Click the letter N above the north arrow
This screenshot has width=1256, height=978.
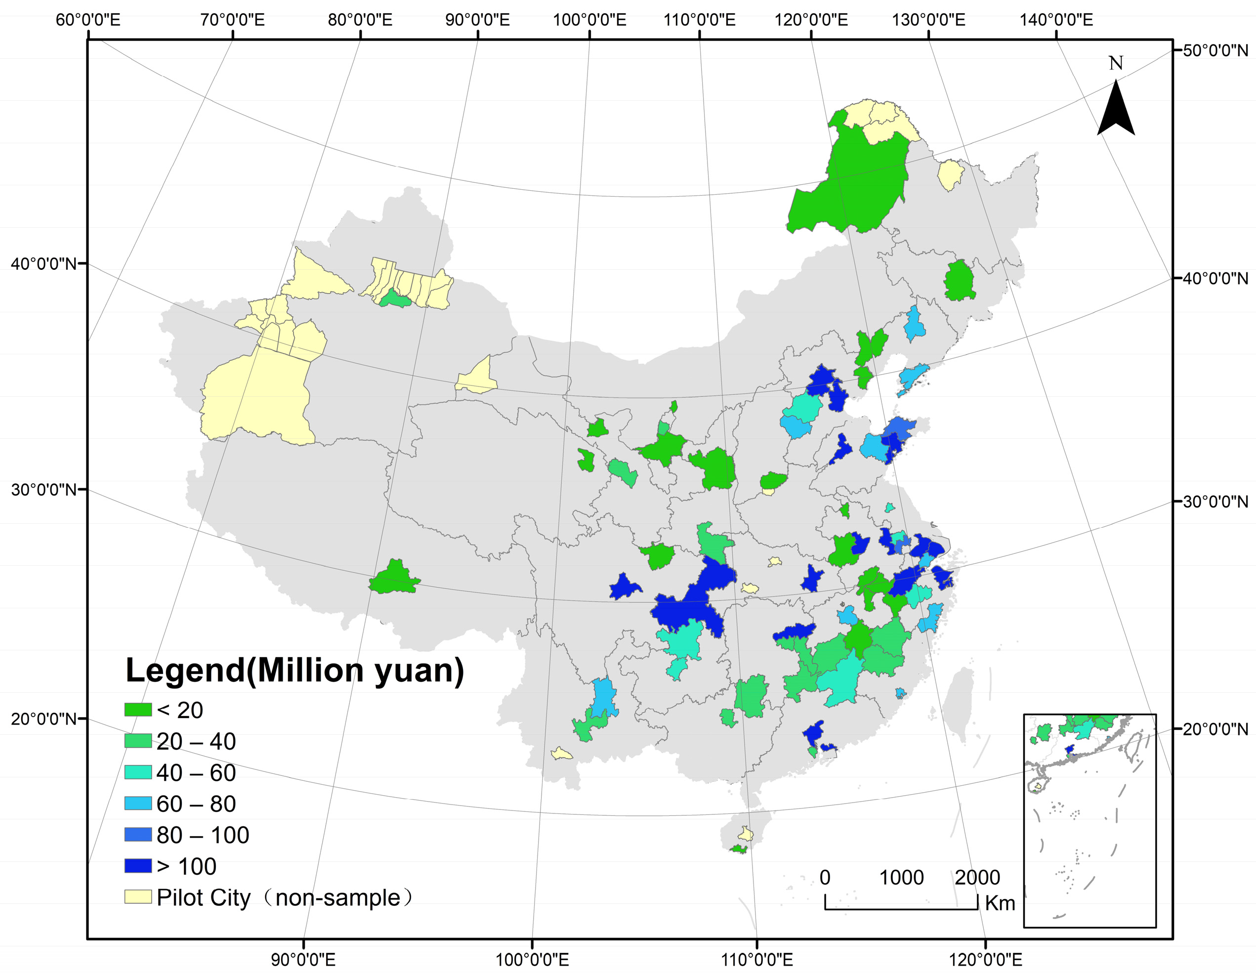[1116, 63]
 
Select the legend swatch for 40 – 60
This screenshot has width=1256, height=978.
[138, 772]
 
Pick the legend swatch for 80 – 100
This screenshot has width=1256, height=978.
[138, 835]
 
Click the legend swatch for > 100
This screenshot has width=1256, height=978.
[138, 866]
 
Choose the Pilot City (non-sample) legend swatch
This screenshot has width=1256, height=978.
[138, 897]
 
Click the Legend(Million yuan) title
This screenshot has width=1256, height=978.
[294, 671]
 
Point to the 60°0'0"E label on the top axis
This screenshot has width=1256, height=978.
[88, 20]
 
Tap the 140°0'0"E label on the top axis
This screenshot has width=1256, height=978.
[1056, 20]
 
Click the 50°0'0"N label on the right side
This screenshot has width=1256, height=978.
[1215, 50]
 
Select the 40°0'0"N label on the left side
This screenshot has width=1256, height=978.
[43, 264]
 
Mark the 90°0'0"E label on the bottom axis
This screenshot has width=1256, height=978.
[303, 960]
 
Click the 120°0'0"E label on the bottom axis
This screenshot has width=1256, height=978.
[985, 960]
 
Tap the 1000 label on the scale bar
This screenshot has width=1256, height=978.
[901, 878]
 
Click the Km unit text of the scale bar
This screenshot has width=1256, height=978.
[1000, 903]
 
